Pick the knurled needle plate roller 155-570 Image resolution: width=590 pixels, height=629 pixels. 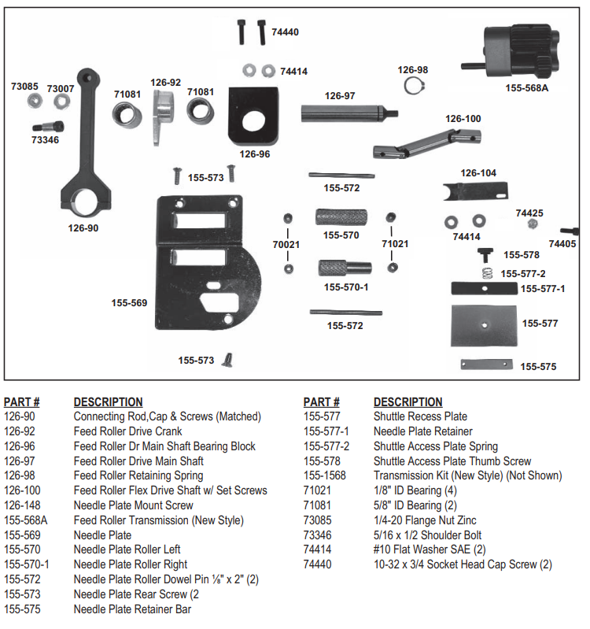pyautogui.click(x=341, y=217)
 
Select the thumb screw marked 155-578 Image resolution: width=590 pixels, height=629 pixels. pyautogui.click(x=485, y=254)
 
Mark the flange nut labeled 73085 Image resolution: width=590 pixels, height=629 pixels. pyautogui.click(x=34, y=101)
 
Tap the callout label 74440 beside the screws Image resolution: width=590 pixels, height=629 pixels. pyautogui.click(x=285, y=33)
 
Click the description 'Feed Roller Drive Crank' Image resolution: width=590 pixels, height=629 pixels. pyautogui.click(x=127, y=431)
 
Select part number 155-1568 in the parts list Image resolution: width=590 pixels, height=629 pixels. pyautogui.click(x=326, y=475)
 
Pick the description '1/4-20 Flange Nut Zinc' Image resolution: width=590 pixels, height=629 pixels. pyautogui.click(x=426, y=520)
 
